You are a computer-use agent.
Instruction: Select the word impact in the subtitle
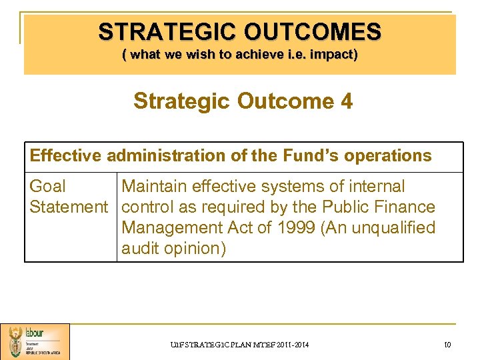tap(331, 55)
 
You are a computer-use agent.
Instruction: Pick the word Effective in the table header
tap(65, 156)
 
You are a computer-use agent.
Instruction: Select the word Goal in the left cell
tap(48, 187)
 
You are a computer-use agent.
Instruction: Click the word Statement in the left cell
tap(69, 207)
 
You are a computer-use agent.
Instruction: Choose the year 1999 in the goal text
tap(292, 228)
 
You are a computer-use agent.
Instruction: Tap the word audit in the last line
tap(143, 249)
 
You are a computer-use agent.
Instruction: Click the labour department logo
tap(35, 341)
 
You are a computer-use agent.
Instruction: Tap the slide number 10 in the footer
tap(447, 344)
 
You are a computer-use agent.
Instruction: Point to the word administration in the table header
tap(163, 156)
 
